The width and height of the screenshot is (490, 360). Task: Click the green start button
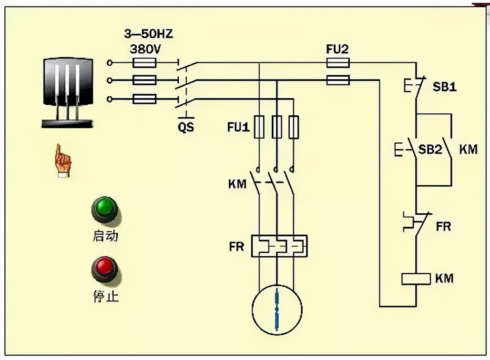(104, 209)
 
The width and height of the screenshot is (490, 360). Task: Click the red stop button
(104, 269)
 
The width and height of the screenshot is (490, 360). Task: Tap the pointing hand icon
(63, 161)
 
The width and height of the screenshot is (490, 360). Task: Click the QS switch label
(186, 127)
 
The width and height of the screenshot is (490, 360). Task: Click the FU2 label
(337, 49)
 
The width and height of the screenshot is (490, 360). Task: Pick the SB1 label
(444, 87)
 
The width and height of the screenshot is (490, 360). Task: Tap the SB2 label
(430, 149)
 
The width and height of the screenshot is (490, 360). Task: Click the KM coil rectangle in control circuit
(416, 279)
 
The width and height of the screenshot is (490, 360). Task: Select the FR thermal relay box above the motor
(279, 246)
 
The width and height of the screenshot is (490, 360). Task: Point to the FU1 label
(238, 127)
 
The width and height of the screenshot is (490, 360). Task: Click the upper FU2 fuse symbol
(338, 62)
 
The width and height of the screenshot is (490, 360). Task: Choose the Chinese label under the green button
(105, 236)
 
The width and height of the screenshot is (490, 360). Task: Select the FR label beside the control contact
(443, 226)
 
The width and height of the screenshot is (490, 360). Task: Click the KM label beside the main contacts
(237, 183)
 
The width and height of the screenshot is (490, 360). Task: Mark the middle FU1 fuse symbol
(276, 127)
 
